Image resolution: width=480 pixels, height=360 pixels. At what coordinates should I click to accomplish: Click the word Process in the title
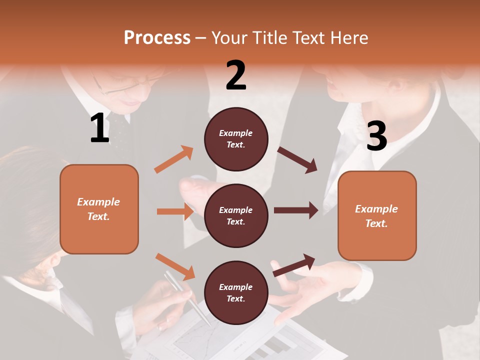pyautogui.click(x=157, y=38)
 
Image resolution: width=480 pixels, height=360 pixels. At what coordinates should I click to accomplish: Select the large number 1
pyautogui.click(x=99, y=128)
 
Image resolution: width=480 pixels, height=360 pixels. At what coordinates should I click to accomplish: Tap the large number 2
pyautogui.click(x=236, y=75)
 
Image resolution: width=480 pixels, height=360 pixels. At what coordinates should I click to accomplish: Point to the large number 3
pyautogui.click(x=376, y=136)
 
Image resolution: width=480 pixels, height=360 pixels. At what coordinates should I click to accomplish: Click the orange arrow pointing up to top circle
pyautogui.click(x=174, y=159)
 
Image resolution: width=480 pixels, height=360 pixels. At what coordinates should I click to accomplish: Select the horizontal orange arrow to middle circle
pyautogui.click(x=175, y=211)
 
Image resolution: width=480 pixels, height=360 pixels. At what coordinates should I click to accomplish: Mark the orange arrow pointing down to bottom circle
pyautogui.click(x=175, y=266)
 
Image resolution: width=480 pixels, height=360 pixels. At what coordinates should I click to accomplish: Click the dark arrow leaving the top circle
pyautogui.click(x=297, y=160)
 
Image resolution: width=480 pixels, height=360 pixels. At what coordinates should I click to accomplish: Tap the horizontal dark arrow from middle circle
pyautogui.click(x=296, y=210)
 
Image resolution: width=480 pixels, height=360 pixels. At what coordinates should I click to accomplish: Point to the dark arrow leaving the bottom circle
pyautogui.click(x=294, y=265)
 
